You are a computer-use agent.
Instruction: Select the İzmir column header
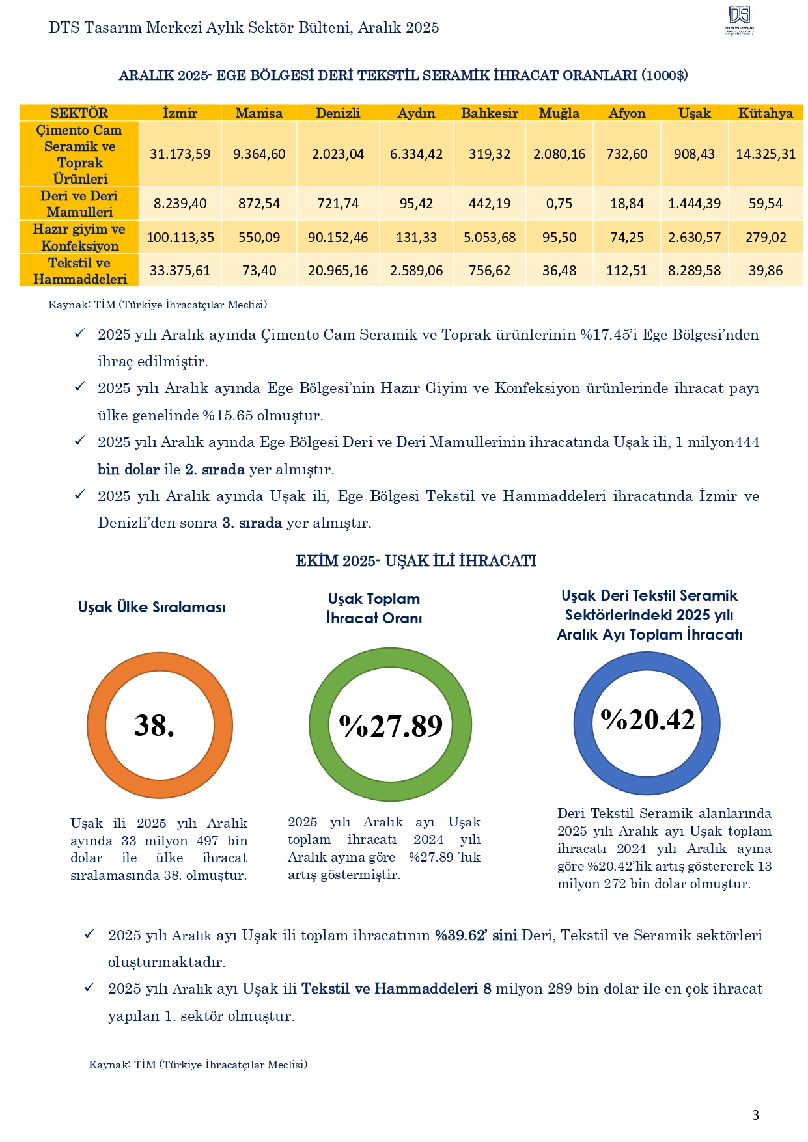180,113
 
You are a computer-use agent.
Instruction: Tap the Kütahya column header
765,113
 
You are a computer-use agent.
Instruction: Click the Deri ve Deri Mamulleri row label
79,204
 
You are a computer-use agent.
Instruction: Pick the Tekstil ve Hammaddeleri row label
79,271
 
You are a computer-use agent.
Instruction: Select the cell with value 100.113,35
180,238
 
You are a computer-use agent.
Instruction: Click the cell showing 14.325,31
766,154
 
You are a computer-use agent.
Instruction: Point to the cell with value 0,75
559,204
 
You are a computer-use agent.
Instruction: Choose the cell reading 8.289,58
694,271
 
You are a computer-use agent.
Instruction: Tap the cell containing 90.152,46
338,238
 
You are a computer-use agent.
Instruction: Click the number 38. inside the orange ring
154,725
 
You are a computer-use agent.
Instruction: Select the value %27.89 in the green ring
391,725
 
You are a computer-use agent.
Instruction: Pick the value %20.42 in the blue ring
648,720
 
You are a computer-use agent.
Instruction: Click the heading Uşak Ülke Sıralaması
152,607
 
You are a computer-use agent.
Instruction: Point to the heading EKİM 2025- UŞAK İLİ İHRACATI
416,561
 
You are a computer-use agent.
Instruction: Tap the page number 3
755,1115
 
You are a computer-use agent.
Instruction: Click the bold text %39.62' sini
476,935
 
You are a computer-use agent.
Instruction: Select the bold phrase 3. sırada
252,523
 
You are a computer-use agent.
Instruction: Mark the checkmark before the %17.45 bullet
79,334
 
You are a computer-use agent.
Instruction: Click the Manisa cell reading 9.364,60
259,154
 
